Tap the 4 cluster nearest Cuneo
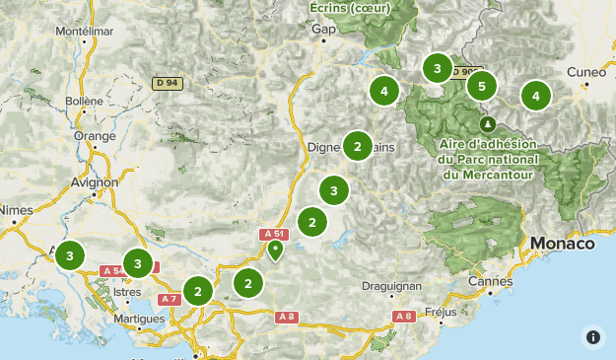point(536,96)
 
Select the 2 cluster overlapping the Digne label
point(357,146)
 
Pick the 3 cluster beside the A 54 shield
point(138,263)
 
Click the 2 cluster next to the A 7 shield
point(199,291)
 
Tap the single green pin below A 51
point(276,251)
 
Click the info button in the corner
point(593,336)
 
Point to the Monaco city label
point(562,243)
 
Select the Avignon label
point(96,181)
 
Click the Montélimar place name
point(80,31)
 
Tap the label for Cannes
point(490,282)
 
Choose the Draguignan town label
point(391,285)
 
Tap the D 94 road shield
point(167,82)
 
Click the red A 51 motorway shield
point(274,234)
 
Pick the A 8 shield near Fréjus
point(403,317)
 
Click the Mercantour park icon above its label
point(488,124)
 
